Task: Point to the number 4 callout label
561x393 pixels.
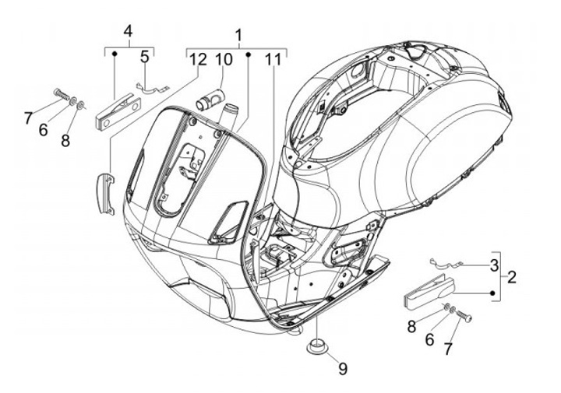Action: [129, 31]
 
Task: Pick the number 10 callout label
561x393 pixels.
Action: [224, 59]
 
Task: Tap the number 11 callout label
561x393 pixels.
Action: [272, 59]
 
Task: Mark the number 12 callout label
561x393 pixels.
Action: [196, 59]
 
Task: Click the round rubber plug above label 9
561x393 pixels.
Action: [317, 345]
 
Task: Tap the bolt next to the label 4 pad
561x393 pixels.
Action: [61, 96]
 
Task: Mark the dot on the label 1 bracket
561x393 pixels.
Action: [247, 54]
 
